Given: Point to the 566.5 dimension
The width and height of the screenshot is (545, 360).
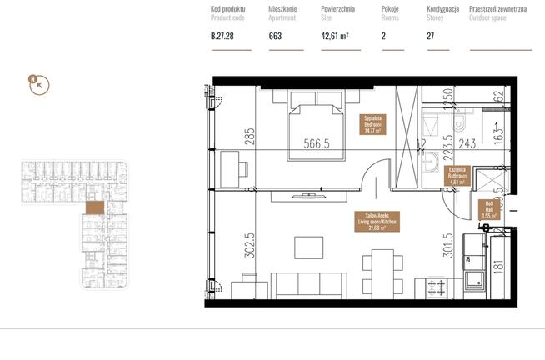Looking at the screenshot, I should pyautogui.click(x=316, y=143).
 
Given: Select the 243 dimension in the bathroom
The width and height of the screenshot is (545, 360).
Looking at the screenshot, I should pyautogui.click(x=467, y=143).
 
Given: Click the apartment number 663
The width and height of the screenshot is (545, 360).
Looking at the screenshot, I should pyautogui.click(x=275, y=36).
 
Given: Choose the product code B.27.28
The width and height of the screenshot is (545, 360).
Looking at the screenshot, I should pyautogui.click(x=223, y=36).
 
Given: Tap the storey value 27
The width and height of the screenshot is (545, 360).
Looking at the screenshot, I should pyautogui.click(x=430, y=36).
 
